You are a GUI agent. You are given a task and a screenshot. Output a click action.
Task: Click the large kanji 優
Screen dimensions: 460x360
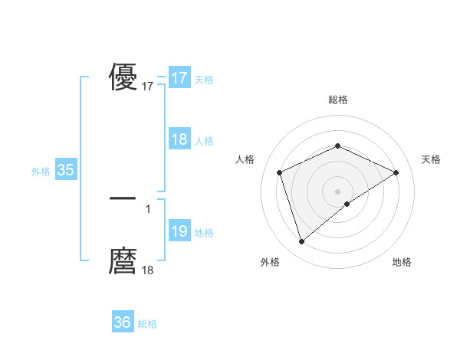[123, 77]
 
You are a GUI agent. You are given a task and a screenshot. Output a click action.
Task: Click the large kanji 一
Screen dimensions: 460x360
[123, 198]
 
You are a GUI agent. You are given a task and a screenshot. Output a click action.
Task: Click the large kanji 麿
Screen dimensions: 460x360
[123, 261]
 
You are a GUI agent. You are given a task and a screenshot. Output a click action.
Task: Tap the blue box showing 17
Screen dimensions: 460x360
[179, 78]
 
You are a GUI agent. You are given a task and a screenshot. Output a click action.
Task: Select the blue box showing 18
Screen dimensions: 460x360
[179, 139]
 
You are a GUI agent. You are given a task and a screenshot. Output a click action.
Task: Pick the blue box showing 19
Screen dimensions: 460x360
[179, 231]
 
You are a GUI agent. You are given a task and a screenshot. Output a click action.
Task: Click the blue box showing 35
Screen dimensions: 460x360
[65, 170]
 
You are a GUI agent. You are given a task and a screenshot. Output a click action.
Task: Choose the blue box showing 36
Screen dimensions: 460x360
[122, 322]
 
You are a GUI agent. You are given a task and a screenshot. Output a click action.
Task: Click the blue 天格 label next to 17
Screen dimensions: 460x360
[204, 80]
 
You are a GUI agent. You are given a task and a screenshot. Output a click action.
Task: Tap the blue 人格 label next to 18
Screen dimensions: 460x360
[204, 141]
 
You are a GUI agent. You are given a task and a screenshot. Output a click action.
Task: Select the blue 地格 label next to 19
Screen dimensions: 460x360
[204, 233]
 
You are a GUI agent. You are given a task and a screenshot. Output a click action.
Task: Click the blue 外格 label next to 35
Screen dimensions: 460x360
[41, 172]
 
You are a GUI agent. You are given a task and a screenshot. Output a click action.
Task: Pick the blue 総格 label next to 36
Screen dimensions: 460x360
[147, 324]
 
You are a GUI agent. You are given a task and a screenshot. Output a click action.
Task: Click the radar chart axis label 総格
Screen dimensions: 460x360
[337, 100]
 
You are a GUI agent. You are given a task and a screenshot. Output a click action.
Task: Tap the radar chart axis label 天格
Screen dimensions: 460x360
[432, 159]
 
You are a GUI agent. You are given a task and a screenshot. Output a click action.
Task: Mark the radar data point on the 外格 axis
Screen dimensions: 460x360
[301, 242]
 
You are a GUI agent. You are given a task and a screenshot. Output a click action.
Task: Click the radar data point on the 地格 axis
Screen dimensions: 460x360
[347, 204]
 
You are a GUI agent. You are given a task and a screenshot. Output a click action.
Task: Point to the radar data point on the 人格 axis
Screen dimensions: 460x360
[280, 172]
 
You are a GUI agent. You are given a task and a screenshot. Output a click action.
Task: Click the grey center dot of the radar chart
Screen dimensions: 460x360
[337, 191]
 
